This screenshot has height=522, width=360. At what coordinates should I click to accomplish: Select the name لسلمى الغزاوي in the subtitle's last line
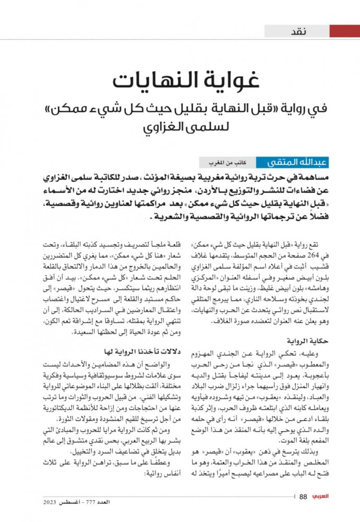tap(179, 127)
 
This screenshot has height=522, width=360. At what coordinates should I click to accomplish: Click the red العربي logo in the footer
tap(324, 496)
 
